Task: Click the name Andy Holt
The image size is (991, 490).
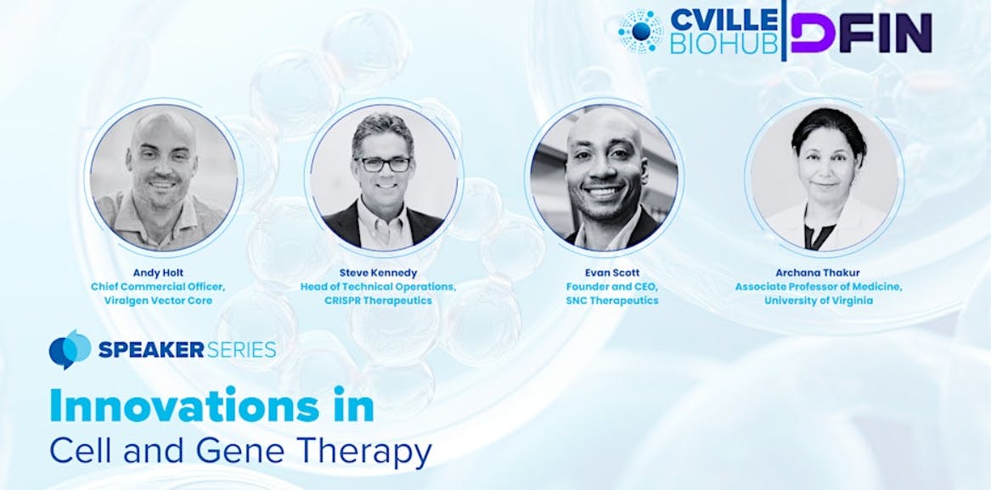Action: pos(158,273)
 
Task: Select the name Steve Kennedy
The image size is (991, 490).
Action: pos(378,273)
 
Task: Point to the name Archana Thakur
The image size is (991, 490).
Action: pos(819,273)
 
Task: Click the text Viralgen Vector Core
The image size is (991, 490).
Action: pos(158,301)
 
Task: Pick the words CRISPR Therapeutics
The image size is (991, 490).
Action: pos(378,301)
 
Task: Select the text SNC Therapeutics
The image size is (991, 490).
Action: pos(611,301)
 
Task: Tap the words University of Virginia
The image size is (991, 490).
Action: pos(819,301)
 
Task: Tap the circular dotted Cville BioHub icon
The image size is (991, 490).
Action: pos(641,31)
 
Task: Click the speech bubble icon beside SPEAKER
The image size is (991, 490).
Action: pos(70,349)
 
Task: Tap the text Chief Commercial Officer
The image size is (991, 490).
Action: pos(158,286)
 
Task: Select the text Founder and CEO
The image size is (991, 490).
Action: pos(611,286)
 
